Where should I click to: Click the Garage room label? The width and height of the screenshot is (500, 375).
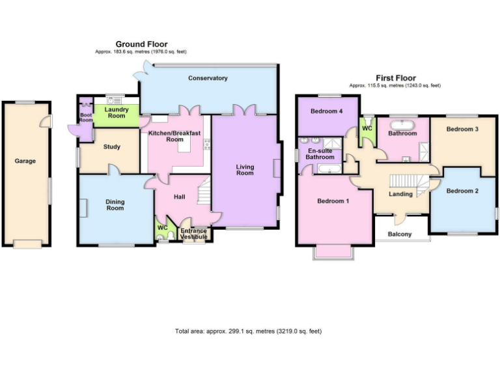pos(26,161)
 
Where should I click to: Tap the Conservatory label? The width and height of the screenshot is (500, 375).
pos(208,78)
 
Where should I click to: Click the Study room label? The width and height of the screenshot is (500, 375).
pos(112,146)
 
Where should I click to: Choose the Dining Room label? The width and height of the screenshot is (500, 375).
pos(115,205)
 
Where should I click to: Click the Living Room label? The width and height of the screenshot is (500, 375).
pos(245,170)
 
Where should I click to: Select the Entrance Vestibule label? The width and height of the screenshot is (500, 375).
pos(194,234)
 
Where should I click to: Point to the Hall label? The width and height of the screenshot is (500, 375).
pos(180,196)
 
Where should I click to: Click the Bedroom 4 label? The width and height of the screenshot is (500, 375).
pos(326,111)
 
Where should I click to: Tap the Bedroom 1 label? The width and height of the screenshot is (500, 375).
pos(333,201)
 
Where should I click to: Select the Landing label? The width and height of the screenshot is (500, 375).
pos(400,194)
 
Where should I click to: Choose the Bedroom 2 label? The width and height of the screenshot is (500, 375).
pos(463,191)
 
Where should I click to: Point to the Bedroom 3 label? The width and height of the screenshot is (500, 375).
pos(462,129)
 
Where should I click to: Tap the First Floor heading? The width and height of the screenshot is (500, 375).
pos(395,78)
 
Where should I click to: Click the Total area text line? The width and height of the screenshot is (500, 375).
pos(249,331)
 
